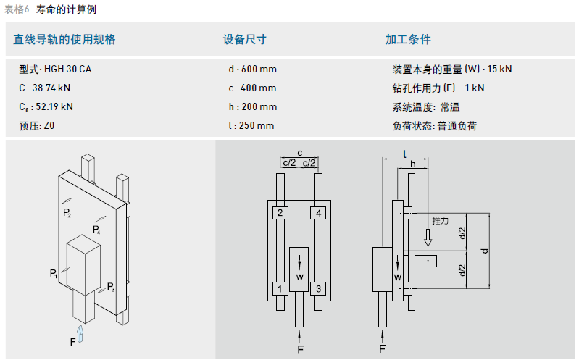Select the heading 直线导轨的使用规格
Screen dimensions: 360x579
64,40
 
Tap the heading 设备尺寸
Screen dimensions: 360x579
244,40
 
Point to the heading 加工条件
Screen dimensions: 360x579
408,40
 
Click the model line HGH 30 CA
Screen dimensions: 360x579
56,70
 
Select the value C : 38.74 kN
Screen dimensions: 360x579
45,88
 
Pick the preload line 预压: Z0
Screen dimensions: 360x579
37,125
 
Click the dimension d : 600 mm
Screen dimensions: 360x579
252,70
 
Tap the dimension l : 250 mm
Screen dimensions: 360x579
251,125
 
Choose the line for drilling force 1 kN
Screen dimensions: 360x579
438,88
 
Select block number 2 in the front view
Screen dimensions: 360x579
279,213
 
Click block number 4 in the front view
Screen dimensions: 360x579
317,213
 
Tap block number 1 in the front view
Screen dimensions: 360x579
279,289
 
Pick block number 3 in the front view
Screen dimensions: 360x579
317,289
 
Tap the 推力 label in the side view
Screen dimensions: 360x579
440,219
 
